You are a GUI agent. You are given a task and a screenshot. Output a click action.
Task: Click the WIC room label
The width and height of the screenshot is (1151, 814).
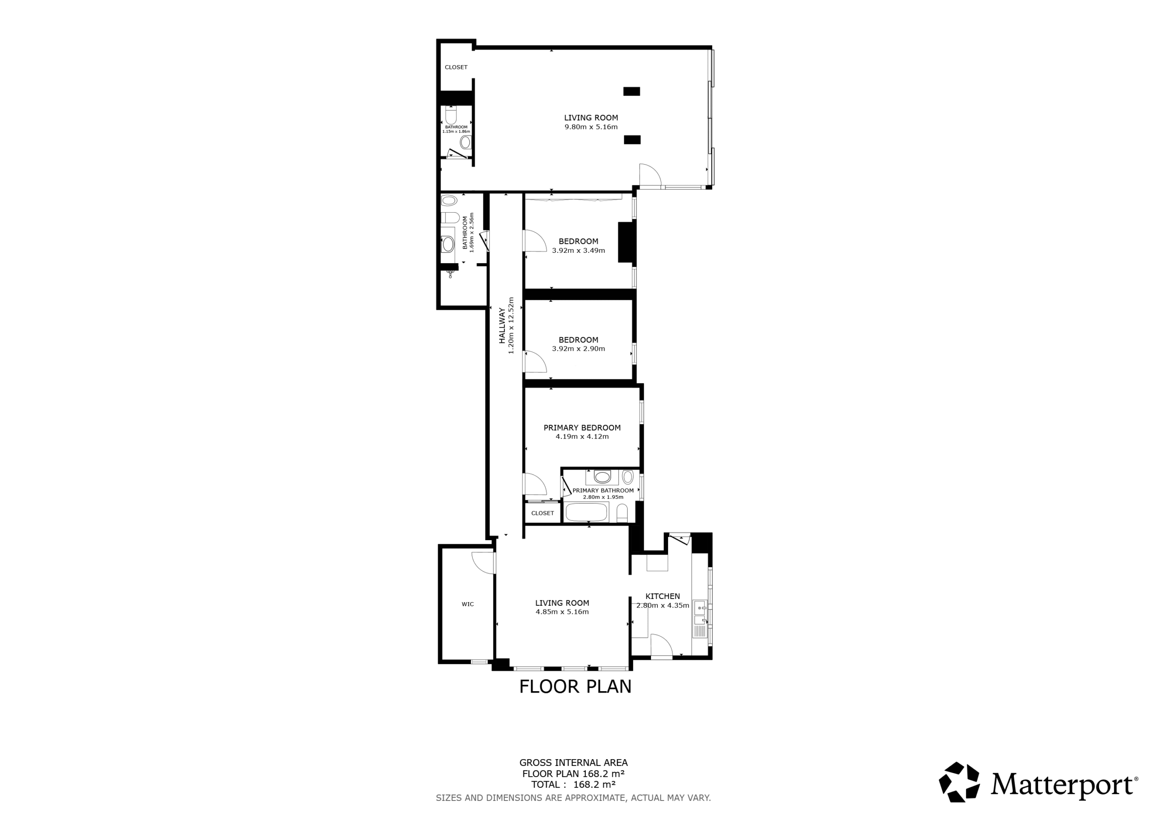(x=467, y=604)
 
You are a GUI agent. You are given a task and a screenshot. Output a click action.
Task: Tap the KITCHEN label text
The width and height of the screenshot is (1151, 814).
(x=662, y=596)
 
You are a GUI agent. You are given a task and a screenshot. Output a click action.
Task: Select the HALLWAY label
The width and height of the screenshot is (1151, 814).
(x=502, y=326)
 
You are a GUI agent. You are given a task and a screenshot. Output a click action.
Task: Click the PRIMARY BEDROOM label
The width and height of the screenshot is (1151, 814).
(x=582, y=428)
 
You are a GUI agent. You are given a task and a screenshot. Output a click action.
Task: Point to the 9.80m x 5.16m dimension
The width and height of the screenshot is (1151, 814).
(x=591, y=127)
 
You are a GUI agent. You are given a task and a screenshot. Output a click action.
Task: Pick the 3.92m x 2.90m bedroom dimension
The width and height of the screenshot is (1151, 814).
(x=579, y=349)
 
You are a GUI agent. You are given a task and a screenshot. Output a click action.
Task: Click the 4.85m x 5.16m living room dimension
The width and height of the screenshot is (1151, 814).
(x=562, y=612)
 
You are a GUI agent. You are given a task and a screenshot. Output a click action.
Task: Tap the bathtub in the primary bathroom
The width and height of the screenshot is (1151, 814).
(x=586, y=513)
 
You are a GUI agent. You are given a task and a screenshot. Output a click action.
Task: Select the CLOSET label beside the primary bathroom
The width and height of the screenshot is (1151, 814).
(x=542, y=513)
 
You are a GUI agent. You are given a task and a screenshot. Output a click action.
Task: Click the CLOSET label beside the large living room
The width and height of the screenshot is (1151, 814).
(x=456, y=67)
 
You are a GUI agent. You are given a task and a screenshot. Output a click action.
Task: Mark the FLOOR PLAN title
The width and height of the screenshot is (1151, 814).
(x=575, y=687)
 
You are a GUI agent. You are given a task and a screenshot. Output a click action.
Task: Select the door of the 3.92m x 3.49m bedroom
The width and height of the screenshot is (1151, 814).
(x=535, y=240)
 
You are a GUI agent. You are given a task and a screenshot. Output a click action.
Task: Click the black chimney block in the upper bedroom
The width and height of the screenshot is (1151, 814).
(x=627, y=242)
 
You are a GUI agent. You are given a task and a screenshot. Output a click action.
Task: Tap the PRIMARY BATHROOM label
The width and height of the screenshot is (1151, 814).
(x=603, y=491)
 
